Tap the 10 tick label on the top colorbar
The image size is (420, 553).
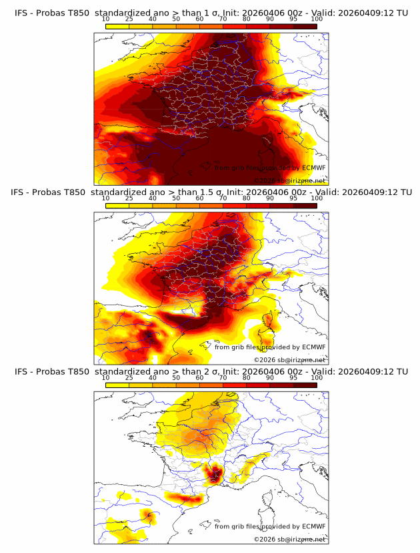pos(106,19)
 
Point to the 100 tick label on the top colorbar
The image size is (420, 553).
pos(317,19)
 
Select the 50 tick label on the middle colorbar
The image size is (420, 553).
pos(176,198)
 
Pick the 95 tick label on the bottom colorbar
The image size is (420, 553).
pos(293,377)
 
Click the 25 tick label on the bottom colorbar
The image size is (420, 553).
pos(129,377)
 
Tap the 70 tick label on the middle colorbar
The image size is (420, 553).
pos(223,198)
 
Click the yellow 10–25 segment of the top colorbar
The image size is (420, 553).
pos(117,26)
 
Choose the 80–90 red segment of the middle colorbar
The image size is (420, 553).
pos(257,205)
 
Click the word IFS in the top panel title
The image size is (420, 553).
pos(23,13)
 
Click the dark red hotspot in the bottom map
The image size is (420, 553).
pos(215,475)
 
